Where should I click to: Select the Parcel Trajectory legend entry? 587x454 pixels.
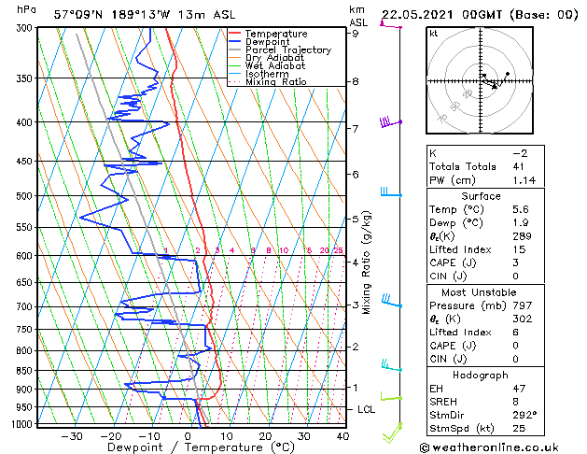tap(287, 50)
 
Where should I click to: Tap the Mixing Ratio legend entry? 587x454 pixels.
tap(277, 81)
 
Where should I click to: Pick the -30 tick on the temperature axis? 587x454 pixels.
tap(71, 435)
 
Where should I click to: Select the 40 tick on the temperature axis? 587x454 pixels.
tap(342, 435)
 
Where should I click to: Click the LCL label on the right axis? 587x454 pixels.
tap(368, 409)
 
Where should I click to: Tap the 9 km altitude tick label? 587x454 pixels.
tap(355, 34)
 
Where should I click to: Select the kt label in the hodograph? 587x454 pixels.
tap(434, 33)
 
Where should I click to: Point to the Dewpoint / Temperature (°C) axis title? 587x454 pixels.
tap(187, 447)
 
